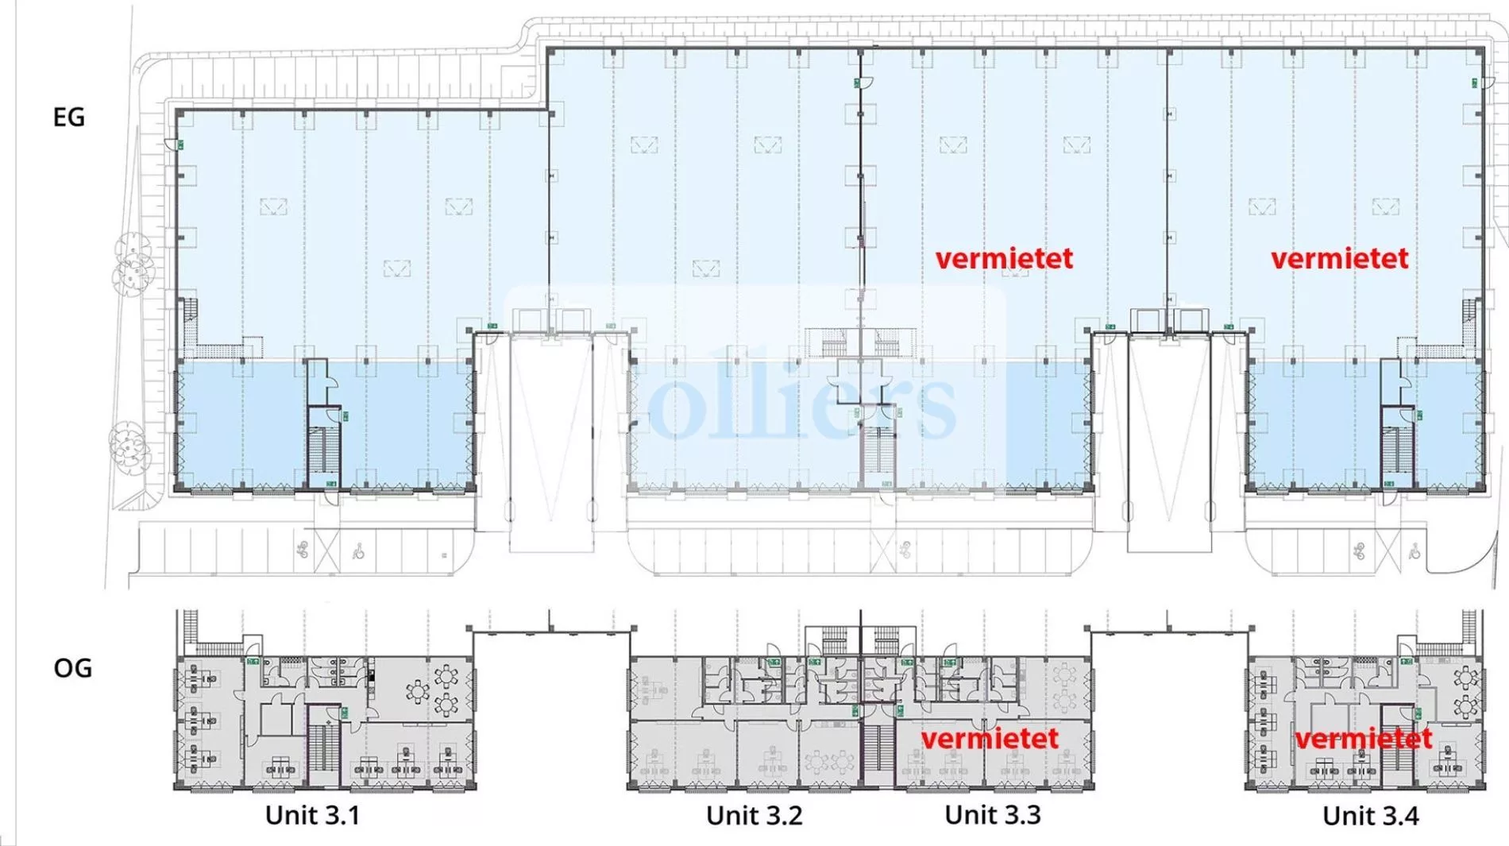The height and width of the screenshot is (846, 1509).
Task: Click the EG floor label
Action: click(x=68, y=118)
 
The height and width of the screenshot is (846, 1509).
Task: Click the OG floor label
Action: click(x=72, y=668)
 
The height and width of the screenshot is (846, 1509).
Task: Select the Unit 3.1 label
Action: click(x=312, y=815)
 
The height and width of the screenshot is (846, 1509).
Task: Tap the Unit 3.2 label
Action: click(x=754, y=815)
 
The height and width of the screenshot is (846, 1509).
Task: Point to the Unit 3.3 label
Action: click(x=993, y=814)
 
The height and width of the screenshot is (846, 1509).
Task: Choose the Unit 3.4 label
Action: click(x=1371, y=816)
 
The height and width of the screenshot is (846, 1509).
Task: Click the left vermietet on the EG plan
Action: click(x=1004, y=258)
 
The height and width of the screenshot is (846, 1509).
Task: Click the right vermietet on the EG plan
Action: click(x=1340, y=258)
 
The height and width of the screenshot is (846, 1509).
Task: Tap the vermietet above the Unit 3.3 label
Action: click(x=990, y=739)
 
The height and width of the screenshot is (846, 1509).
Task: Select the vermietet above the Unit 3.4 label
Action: click(x=1364, y=739)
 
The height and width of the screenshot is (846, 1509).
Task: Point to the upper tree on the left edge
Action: click(x=132, y=262)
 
